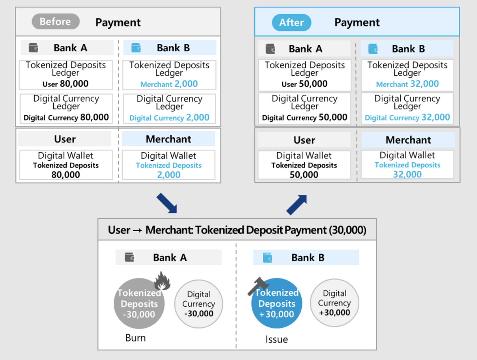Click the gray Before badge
pyautogui.click(x=56, y=21)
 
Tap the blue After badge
pyautogui.click(x=291, y=22)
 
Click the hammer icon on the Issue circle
pyautogui.click(x=258, y=286)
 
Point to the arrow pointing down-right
pyautogui.click(x=167, y=203)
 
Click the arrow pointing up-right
pyautogui.click(x=297, y=205)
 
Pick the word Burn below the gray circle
pyautogui.click(x=136, y=338)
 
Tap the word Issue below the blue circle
pyautogui.click(x=276, y=339)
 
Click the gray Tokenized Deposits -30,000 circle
pyautogui.click(x=139, y=304)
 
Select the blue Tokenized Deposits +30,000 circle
pyautogui.click(x=277, y=303)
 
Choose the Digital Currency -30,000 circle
pyautogui.click(x=199, y=304)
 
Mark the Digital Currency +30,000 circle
pyautogui.click(x=334, y=303)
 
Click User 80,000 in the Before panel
pyautogui.click(x=66, y=84)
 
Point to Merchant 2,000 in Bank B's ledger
pyautogui.click(x=169, y=84)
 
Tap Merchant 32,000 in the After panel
pyautogui.click(x=407, y=84)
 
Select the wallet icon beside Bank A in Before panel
pyautogui.click(x=33, y=48)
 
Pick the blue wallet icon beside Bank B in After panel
pyautogui.click(x=373, y=49)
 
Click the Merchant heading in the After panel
pyautogui.click(x=408, y=140)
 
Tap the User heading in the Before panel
pyautogui.click(x=65, y=139)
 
